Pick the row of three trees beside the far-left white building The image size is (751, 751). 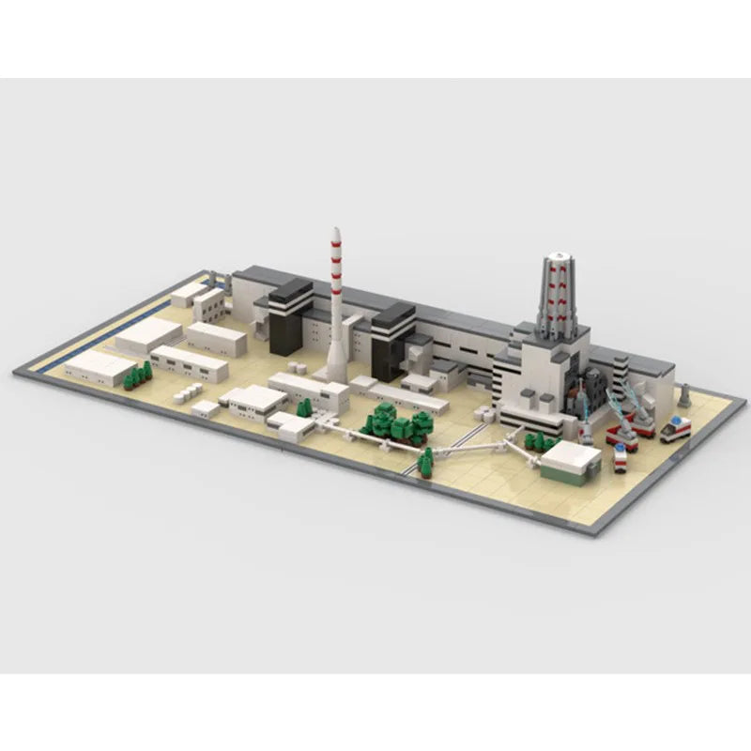[137, 375]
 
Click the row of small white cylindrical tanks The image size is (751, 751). [191, 391]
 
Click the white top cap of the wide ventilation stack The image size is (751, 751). [559, 254]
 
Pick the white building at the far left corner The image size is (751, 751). [100, 366]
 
